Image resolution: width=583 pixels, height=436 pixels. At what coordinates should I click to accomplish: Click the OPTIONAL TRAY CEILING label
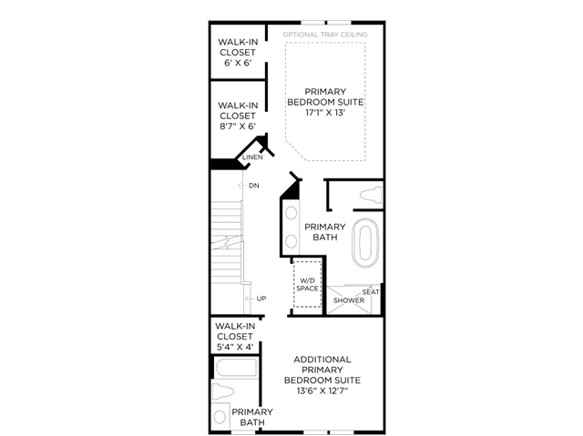tap(325, 35)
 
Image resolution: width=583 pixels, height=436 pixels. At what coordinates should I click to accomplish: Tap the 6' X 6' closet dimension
tap(238, 63)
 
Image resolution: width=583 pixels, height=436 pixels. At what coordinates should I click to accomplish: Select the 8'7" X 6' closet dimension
tap(238, 127)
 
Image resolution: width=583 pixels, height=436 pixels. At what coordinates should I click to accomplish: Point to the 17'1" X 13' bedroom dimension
tap(325, 113)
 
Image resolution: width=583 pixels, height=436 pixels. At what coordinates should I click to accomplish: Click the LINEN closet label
tap(252, 157)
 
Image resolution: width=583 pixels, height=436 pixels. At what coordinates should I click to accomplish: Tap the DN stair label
tap(254, 186)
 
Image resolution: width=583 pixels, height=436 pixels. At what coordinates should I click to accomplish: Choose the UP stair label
tap(261, 299)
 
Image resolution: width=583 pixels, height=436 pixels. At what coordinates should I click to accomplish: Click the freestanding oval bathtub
tap(365, 243)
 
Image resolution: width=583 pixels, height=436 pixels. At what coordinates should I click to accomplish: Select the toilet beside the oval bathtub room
tap(371, 196)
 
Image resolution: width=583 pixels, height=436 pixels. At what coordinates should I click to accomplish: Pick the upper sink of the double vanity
tap(291, 213)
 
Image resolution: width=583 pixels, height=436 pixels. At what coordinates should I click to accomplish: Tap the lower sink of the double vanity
tap(291, 242)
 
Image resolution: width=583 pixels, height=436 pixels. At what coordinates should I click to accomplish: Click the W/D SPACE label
tap(307, 285)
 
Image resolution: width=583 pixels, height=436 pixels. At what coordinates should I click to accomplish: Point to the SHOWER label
tap(349, 300)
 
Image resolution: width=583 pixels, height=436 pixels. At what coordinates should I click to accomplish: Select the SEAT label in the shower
tap(371, 292)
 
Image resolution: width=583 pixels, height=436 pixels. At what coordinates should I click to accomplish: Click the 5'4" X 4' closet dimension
tap(235, 347)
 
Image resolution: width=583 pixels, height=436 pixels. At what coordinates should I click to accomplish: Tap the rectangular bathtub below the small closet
tap(237, 368)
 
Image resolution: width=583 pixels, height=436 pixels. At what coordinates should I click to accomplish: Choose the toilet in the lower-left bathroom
tap(222, 391)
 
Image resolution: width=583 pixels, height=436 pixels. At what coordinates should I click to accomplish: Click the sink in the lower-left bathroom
tap(220, 416)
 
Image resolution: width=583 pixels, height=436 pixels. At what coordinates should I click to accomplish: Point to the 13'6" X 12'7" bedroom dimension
tap(322, 391)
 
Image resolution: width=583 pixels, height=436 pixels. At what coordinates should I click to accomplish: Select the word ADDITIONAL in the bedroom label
tap(322, 360)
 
